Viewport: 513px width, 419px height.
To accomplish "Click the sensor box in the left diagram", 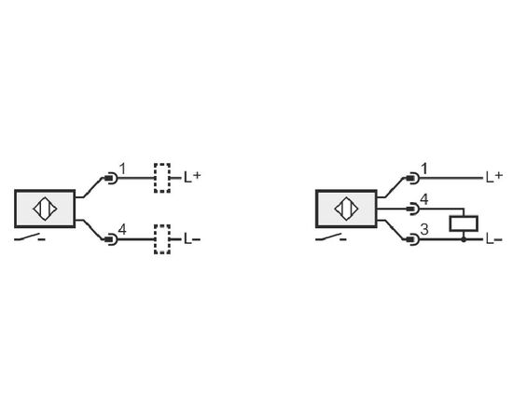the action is pos(45,209).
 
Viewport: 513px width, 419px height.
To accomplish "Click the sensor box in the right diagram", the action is pos(346,209).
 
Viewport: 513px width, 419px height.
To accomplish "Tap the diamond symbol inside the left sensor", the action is pos(45,209).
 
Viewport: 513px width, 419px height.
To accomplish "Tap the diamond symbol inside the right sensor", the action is pos(346,209).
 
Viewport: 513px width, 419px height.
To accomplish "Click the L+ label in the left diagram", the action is pos(192,177).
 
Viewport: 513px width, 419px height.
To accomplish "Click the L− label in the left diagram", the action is pos(192,239).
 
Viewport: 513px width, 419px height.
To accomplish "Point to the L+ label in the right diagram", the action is pos(494,177).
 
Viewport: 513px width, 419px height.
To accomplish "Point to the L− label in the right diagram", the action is pos(494,239).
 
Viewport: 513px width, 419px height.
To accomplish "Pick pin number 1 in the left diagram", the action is pos(122,169).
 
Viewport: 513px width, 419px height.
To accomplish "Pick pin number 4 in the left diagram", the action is pos(122,230).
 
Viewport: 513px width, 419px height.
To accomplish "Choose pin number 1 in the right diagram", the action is pos(424,169).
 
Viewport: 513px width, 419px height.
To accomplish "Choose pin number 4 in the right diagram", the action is pos(424,199).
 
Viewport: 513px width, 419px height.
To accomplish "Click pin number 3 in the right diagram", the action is pos(424,230).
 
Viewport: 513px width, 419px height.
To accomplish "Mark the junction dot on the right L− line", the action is pos(464,239).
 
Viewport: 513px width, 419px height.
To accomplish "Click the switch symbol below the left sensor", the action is pos(30,237).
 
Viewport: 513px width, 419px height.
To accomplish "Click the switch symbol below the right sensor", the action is pos(331,237).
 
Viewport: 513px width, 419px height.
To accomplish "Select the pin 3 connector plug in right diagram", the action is pos(412,239).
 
